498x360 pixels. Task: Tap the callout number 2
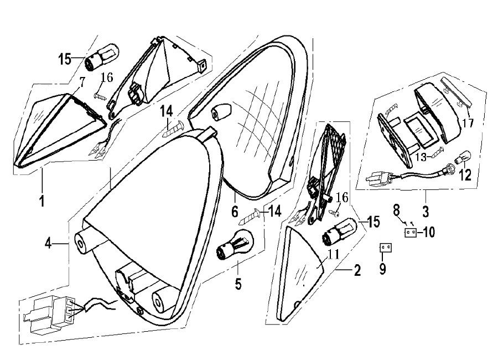point(357,271)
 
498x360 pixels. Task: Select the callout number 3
point(426,212)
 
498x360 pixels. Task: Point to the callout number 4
point(50,243)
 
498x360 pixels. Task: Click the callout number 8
point(396,210)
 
